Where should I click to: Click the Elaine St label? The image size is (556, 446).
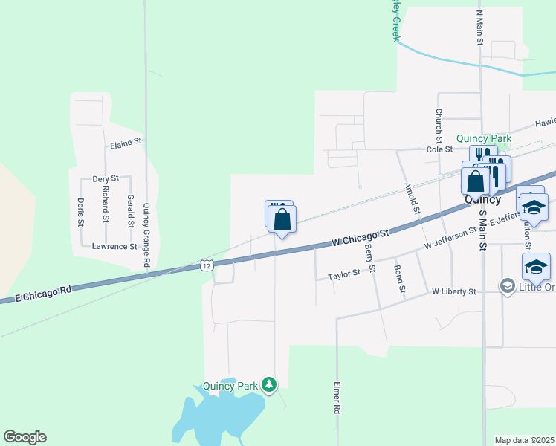pyautogui.click(x=125, y=140)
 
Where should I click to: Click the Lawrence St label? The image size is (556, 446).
pyautogui.click(x=114, y=246)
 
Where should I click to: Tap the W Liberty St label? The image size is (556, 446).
pyautogui.click(x=453, y=292)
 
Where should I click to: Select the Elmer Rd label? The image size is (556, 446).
pyautogui.click(x=337, y=398)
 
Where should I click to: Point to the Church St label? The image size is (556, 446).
pyautogui.click(x=439, y=125)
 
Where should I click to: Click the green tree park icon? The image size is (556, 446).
pyautogui.click(x=269, y=384)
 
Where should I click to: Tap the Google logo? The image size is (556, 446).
pyautogui.click(x=25, y=437)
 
